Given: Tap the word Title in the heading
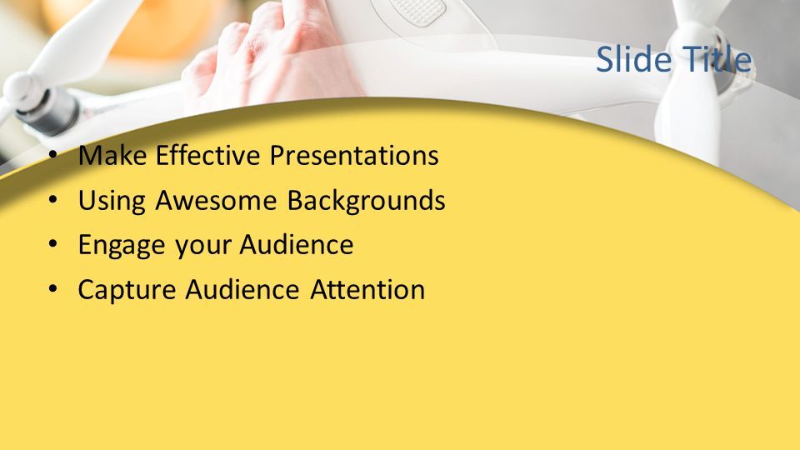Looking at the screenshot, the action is coord(717,58).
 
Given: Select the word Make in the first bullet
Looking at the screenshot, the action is coord(112,155).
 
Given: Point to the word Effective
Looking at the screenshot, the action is coord(207,155).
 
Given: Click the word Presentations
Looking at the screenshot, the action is coord(354,155).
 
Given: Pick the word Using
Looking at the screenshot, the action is coord(112,201).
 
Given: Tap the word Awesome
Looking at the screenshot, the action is coord(216,200).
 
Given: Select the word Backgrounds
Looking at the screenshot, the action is coord(366,201).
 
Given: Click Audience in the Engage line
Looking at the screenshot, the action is coord(297,244).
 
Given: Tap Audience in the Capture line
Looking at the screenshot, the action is coord(242,289).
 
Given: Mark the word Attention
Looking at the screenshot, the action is coord(367,289).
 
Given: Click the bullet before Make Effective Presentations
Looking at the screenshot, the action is coord(53,155).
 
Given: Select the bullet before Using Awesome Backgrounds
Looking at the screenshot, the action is coord(53,199).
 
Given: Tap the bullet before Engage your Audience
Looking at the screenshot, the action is coord(53,244).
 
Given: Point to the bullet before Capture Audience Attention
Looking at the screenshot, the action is coord(53,289).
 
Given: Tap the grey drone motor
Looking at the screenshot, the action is coord(47,111).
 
